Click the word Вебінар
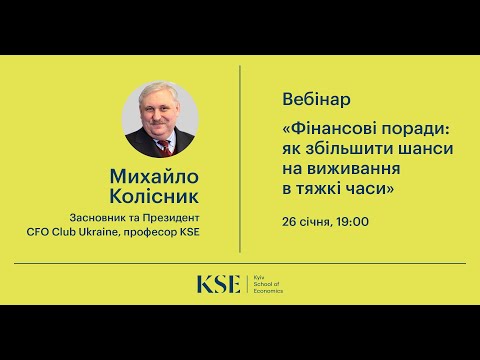pos(310,101)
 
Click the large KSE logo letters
pos(218,284)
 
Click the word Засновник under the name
pos(101,218)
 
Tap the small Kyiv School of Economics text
pos(266,285)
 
